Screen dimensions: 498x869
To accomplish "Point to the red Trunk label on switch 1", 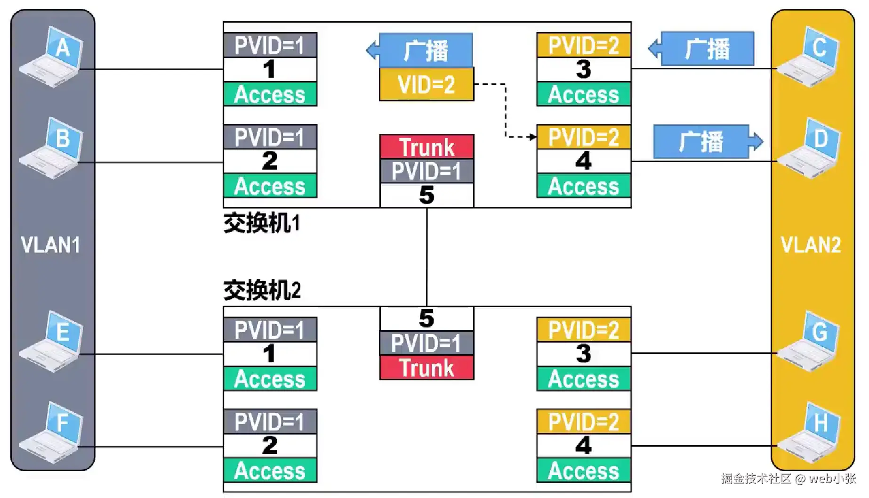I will click(426, 147).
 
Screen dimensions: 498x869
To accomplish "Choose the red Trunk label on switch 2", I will click(426, 368).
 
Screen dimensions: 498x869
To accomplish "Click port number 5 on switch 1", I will click(426, 196).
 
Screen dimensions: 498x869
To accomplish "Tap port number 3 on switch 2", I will click(583, 354).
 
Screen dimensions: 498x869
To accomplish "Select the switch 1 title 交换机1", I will click(262, 223).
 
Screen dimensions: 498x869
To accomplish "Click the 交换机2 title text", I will click(262, 290).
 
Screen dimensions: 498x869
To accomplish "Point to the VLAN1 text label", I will click(51, 245).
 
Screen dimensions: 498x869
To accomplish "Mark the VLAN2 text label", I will click(811, 245).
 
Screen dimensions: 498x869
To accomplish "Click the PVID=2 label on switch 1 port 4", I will click(583, 138).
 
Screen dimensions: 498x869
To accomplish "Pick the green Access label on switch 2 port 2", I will click(270, 471).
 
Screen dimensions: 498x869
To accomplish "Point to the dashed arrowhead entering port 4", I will click(532, 137).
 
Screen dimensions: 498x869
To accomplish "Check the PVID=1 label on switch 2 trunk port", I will click(426, 343).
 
